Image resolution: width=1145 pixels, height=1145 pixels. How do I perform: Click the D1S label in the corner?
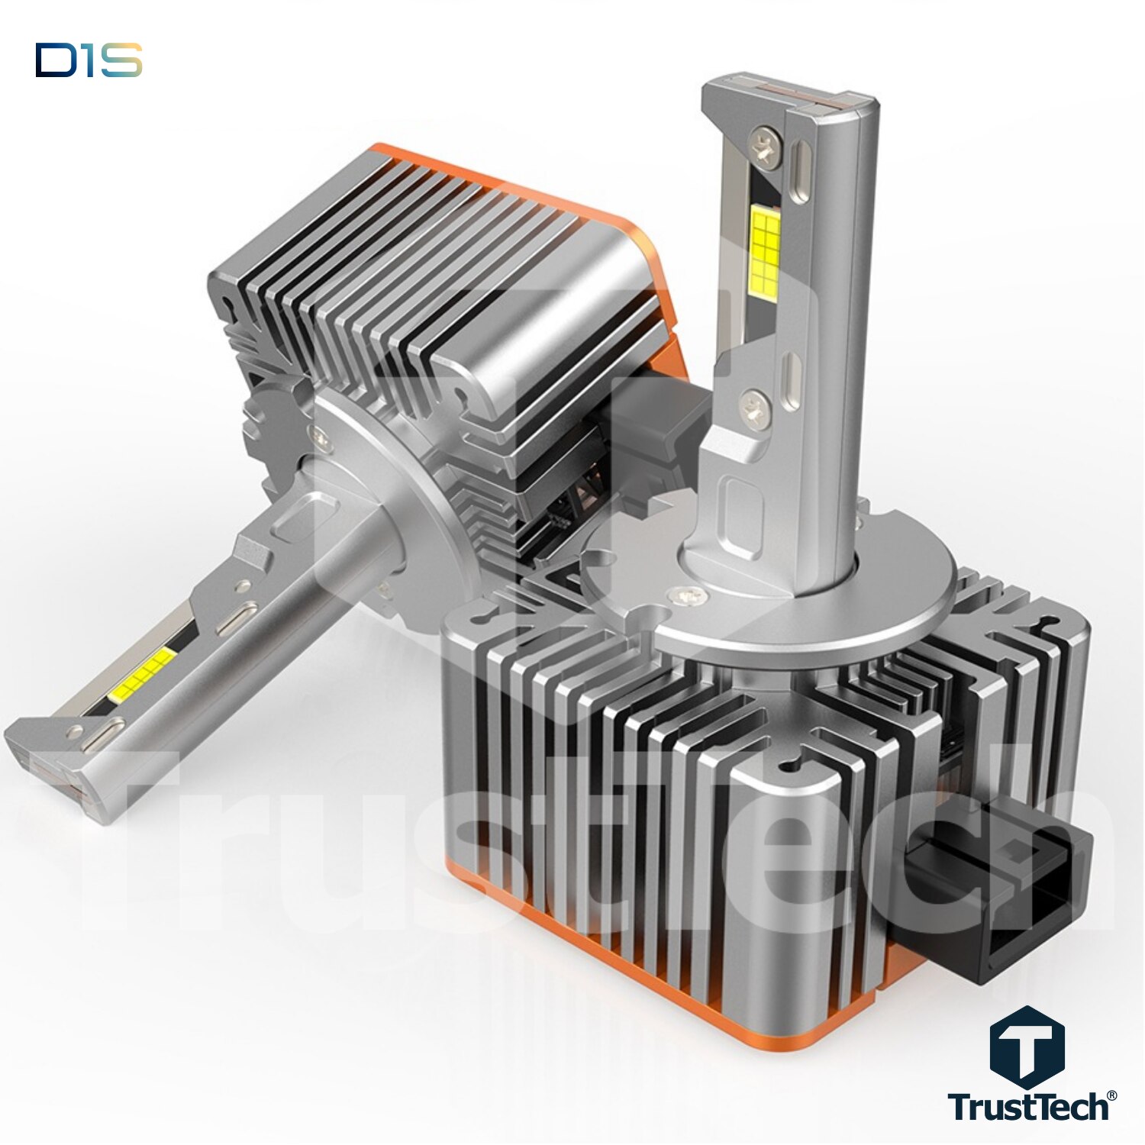pos(89,60)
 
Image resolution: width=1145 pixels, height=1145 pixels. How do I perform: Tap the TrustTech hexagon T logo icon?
pos(1027,1047)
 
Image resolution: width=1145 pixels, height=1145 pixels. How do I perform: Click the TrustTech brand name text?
pos(1028,1106)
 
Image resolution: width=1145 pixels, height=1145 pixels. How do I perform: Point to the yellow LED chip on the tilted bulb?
pos(142,675)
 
